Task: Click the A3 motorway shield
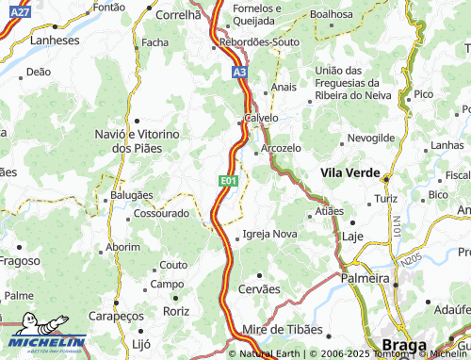pyautogui.click(x=239, y=71)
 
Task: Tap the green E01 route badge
pyautogui.click(x=229, y=180)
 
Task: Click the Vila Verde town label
pyautogui.click(x=349, y=173)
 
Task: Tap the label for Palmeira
pyautogui.click(x=365, y=279)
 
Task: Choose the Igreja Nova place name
pyautogui.click(x=269, y=234)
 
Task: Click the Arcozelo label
pyautogui.click(x=281, y=148)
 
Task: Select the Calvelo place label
pyautogui.click(x=261, y=118)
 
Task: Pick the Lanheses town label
pyautogui.click(x=55, y=41)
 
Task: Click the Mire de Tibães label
pyautogui.click(x=283, y=330)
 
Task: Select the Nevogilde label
pyautogui.click(x=370, y=138)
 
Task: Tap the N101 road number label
pyautogui.click(x=398, y=227)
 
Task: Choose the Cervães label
pyautogui.click(x=261, y=288)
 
